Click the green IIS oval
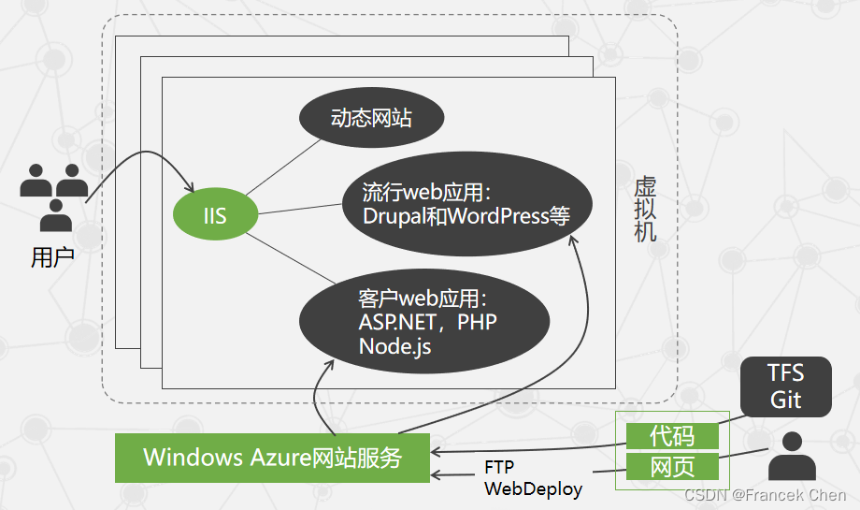pos(215,217)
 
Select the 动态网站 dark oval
pos(371,119)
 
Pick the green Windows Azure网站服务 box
pos(272,458)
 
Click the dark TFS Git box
pos(785,386)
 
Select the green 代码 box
pos(672,435)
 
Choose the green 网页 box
pos(672,466)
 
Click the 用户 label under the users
pos(52,257)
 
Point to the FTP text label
pos(499,467)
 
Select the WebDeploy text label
pos(533,488)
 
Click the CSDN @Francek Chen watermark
pos(764,494)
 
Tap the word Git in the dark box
pos(785,399)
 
